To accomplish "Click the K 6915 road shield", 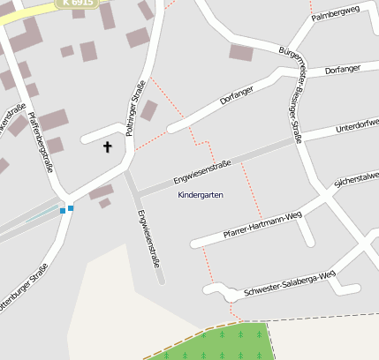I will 78,4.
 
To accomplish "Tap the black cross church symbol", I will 109,146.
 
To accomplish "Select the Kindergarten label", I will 201,194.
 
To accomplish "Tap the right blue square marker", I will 71,208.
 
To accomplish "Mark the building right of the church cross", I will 148,110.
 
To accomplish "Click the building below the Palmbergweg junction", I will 241,52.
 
